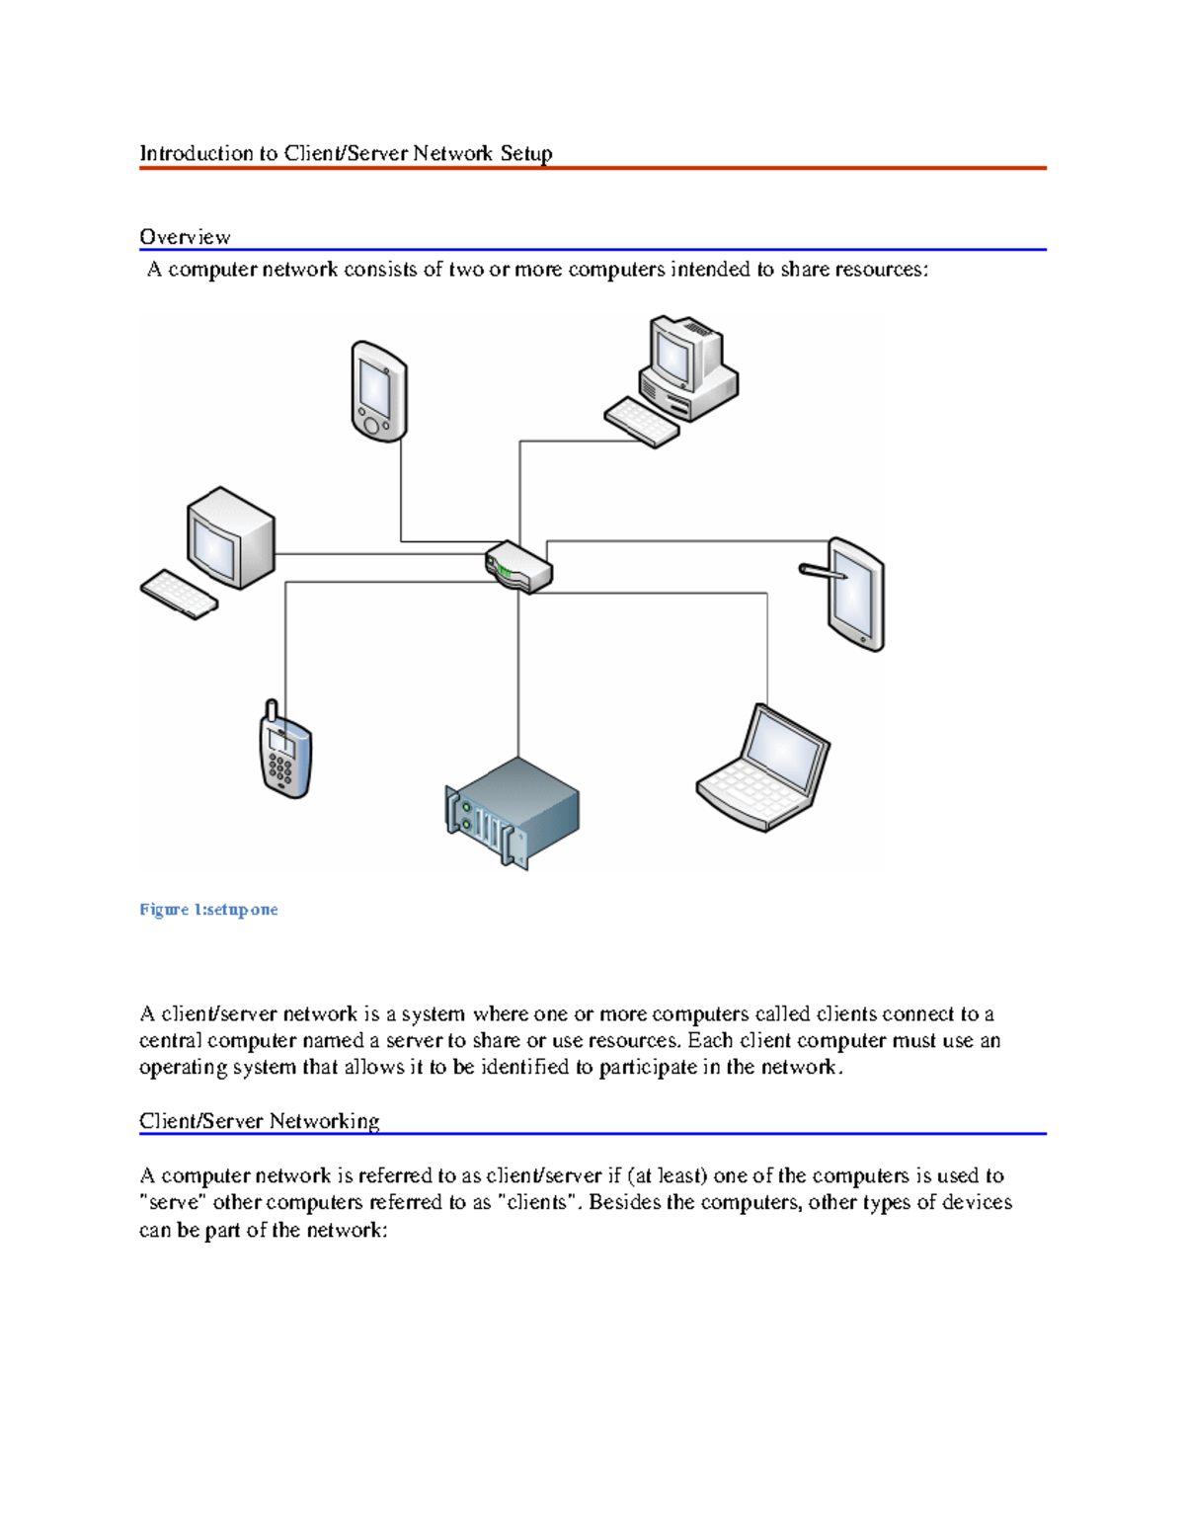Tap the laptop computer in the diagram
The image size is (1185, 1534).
point(763,768)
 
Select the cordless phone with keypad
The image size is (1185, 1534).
point(284,756)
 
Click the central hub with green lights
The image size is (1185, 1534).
point(518,567)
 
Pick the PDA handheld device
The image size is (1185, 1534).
point(379,391)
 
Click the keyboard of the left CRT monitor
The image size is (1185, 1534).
point(179,595)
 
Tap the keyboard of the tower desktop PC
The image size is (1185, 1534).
point(641,422)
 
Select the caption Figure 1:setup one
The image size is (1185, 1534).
point(208,910)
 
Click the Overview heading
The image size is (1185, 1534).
point(185,237)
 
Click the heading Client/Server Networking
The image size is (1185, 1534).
point(259,1121)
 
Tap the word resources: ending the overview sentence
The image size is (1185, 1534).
point(882,270)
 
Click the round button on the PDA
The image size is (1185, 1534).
point(371,425)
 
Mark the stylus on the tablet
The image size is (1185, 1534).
point(822,570)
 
